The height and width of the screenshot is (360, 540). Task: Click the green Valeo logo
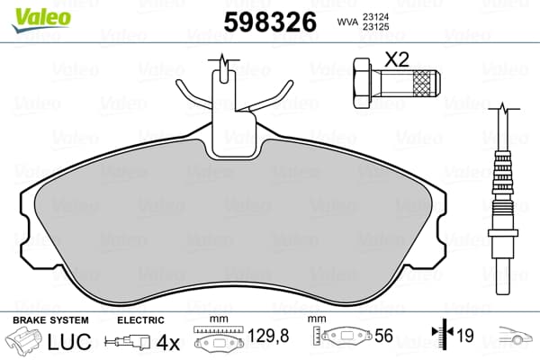pos(41,19)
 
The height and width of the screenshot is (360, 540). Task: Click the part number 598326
pos(270,22)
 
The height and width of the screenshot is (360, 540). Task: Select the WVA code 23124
pos(375,16)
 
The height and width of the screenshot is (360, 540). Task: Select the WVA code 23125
pos(375,26)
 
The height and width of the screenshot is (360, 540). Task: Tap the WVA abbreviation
pos(347,22)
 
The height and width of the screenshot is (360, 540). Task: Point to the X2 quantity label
pos(396,59)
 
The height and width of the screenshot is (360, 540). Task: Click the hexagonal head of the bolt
pos(363,83)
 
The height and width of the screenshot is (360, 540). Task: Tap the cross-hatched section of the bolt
pos(422,83)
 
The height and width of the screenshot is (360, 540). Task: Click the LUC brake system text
pos(69,341)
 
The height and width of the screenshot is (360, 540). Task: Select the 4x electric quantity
pos(168,342)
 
